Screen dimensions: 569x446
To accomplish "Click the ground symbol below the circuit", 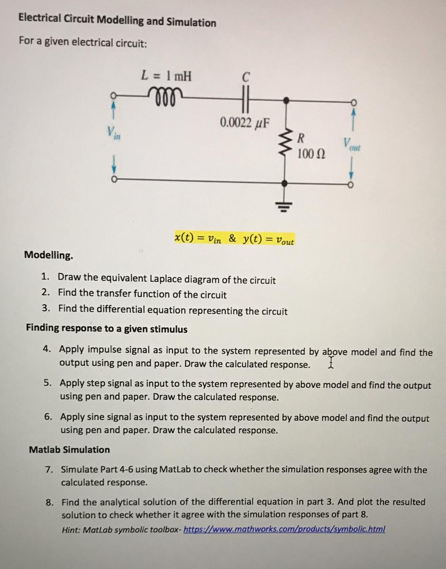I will click(285, 205).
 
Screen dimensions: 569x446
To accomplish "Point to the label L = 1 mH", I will click(166, 76).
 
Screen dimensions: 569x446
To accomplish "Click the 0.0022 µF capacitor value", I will click(245, 122).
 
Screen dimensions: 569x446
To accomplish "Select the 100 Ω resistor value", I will click(311, 154).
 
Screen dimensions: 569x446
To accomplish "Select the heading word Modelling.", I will click(48, 255).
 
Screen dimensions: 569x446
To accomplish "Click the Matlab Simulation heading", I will click(69, 449).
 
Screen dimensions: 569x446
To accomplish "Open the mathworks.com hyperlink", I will click(284, 529).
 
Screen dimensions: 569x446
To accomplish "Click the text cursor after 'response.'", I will click(330, 363).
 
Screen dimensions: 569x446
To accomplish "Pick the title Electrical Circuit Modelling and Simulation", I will click(117, 20).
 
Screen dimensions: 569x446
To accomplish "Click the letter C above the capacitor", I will click(246, 77).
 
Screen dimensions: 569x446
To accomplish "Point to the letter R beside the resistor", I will click(301, 137).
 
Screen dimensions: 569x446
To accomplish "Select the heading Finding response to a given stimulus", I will click(107, 329).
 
